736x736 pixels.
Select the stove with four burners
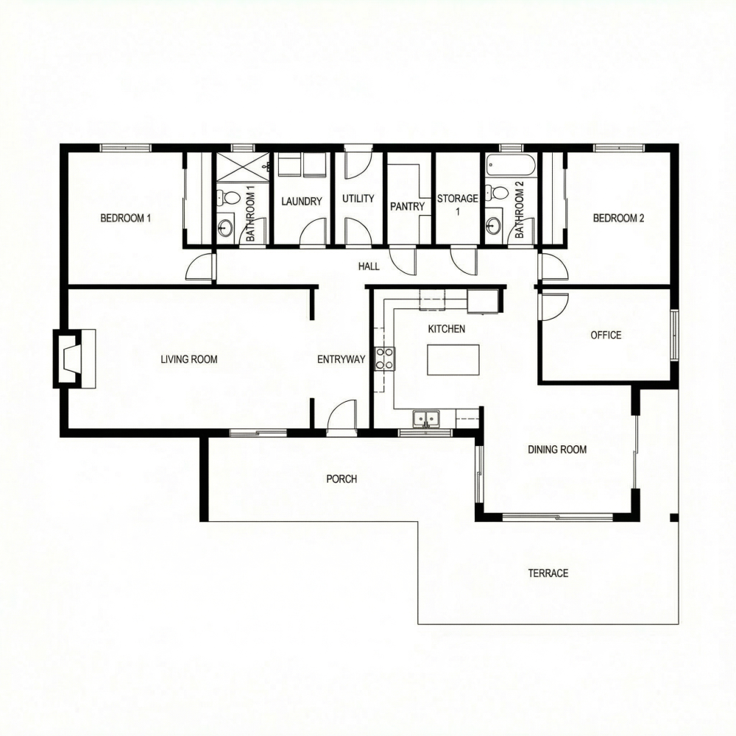(384, 358)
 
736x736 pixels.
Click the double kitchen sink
(425, 419)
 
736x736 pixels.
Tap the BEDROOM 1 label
(125, 218)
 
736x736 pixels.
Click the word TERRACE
(548, 573)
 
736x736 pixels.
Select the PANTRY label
(407, 206)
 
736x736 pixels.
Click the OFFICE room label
(606, 335)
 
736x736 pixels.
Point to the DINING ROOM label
(557, 449)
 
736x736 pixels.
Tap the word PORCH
(342, 478)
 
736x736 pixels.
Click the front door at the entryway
(342, 417)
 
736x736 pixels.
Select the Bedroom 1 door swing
(199, 268)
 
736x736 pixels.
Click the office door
(553, 305)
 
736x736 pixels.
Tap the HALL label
(369, 266)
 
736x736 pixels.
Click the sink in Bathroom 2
(493, 224)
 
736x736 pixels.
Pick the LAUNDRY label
(302, 201)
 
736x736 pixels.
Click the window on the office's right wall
(673, 335)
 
